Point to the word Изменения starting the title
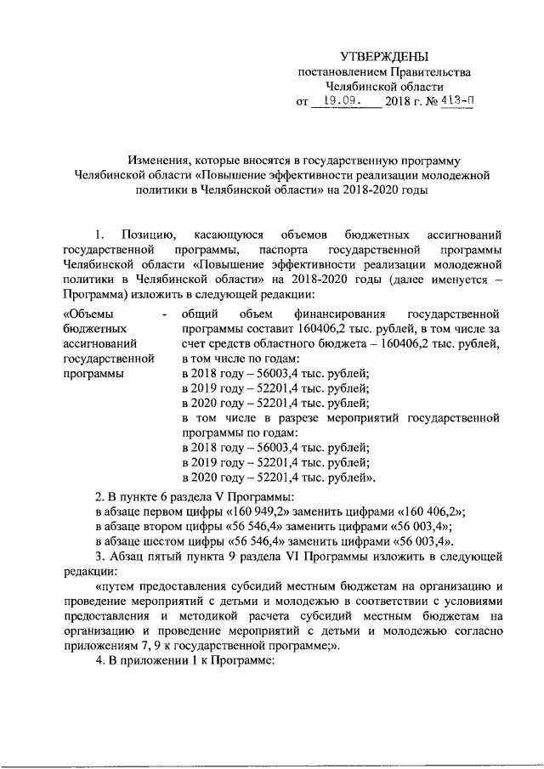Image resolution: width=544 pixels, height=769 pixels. tap(157, 160)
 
